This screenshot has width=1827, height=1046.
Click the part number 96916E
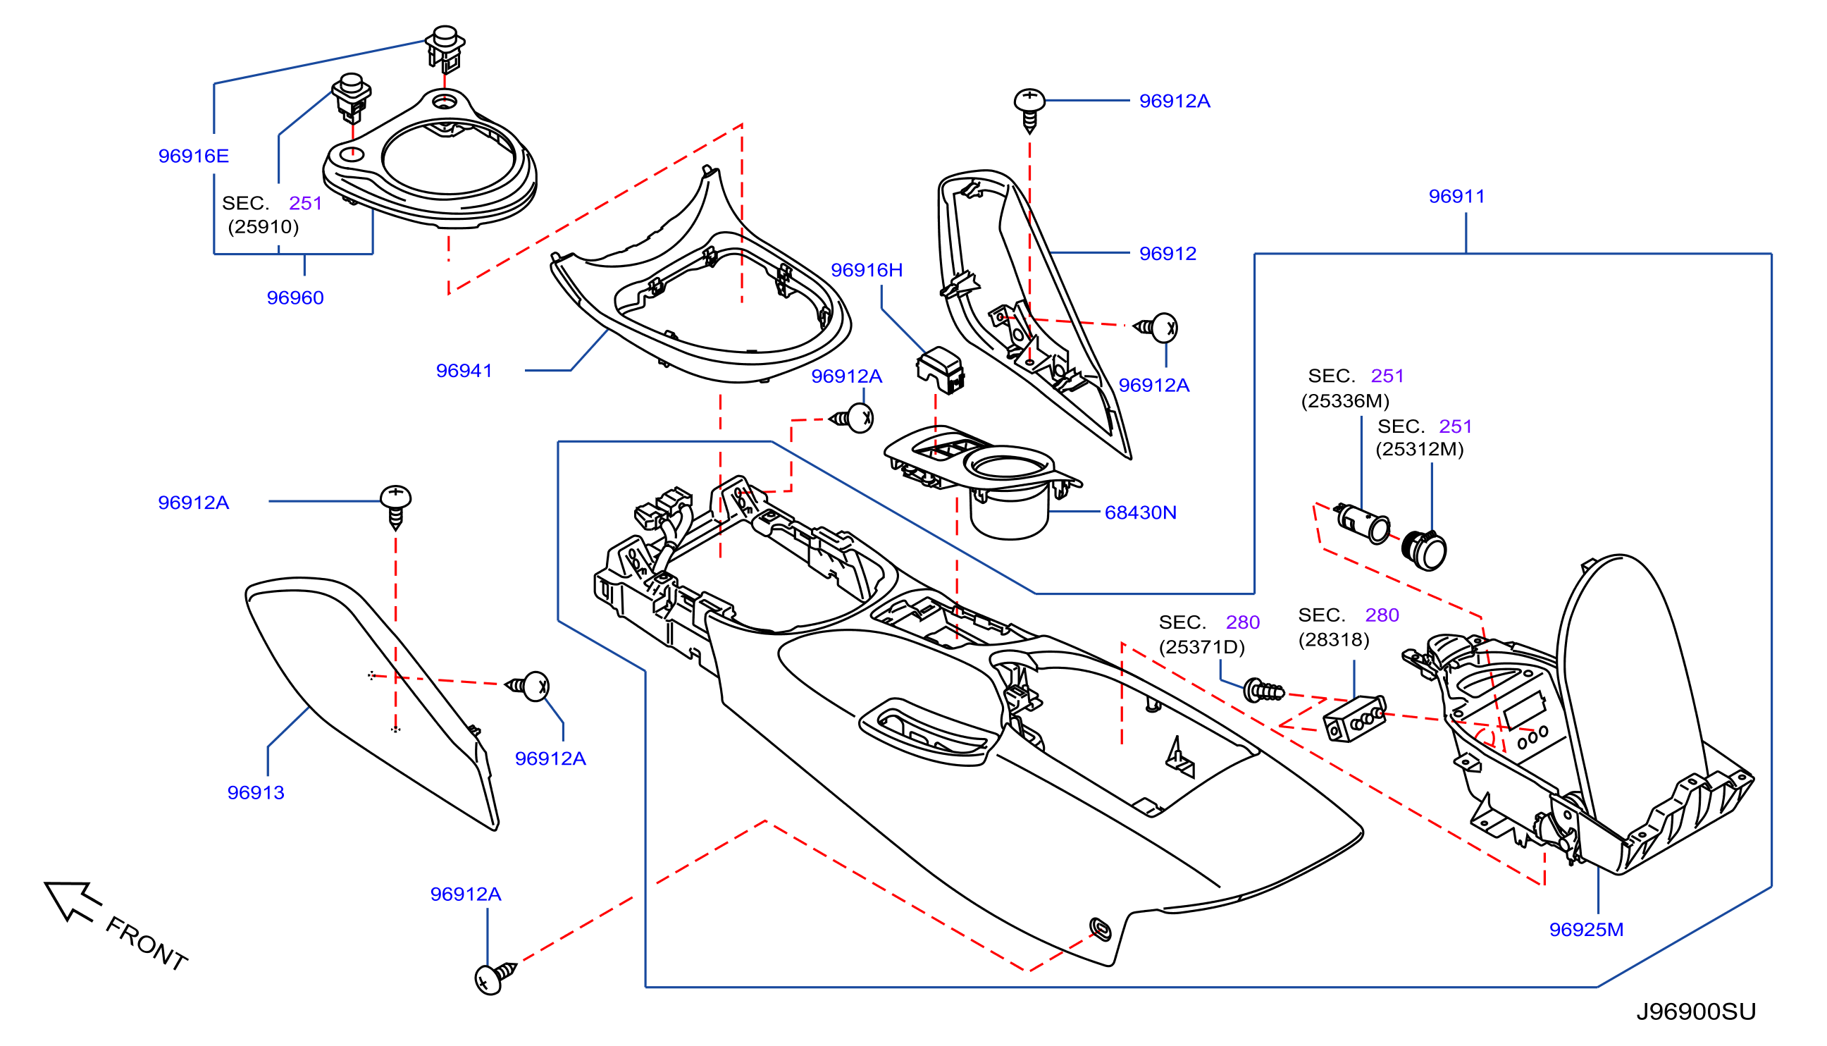point(193,156)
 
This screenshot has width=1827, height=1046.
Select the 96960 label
point(295,297)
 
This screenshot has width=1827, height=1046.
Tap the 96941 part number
point(464,371)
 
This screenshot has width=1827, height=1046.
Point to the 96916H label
point(866,270)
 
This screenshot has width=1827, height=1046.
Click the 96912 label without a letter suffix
point(1168,254)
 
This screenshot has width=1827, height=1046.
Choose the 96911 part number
point(1456,196)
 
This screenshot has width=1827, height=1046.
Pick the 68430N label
point(1141,512)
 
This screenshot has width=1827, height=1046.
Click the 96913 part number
point(256,792)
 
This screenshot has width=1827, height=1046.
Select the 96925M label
point(1586,930)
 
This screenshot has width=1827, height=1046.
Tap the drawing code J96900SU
point(1695,1011)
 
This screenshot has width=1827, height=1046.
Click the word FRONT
point(147,944)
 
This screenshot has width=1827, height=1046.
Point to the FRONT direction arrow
point(72,899)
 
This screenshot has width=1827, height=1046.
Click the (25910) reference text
point(263,227)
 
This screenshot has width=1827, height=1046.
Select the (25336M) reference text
point(1345,401)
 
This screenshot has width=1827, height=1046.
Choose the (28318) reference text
point(1334,639)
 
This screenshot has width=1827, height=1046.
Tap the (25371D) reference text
point(1201,646)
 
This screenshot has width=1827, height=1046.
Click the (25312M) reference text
point(1419,449)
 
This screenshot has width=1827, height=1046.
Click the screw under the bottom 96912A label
point(495,977)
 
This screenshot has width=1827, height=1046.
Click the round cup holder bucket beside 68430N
point(1009,512)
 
